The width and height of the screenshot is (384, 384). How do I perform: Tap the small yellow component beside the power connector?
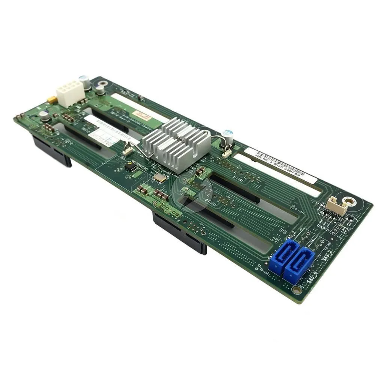[51, 100]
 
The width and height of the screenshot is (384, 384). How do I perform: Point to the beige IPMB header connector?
[336, 206]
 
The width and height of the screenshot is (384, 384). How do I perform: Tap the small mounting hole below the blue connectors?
[296, 290]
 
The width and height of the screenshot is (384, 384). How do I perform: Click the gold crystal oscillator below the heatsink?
[160, 178]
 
